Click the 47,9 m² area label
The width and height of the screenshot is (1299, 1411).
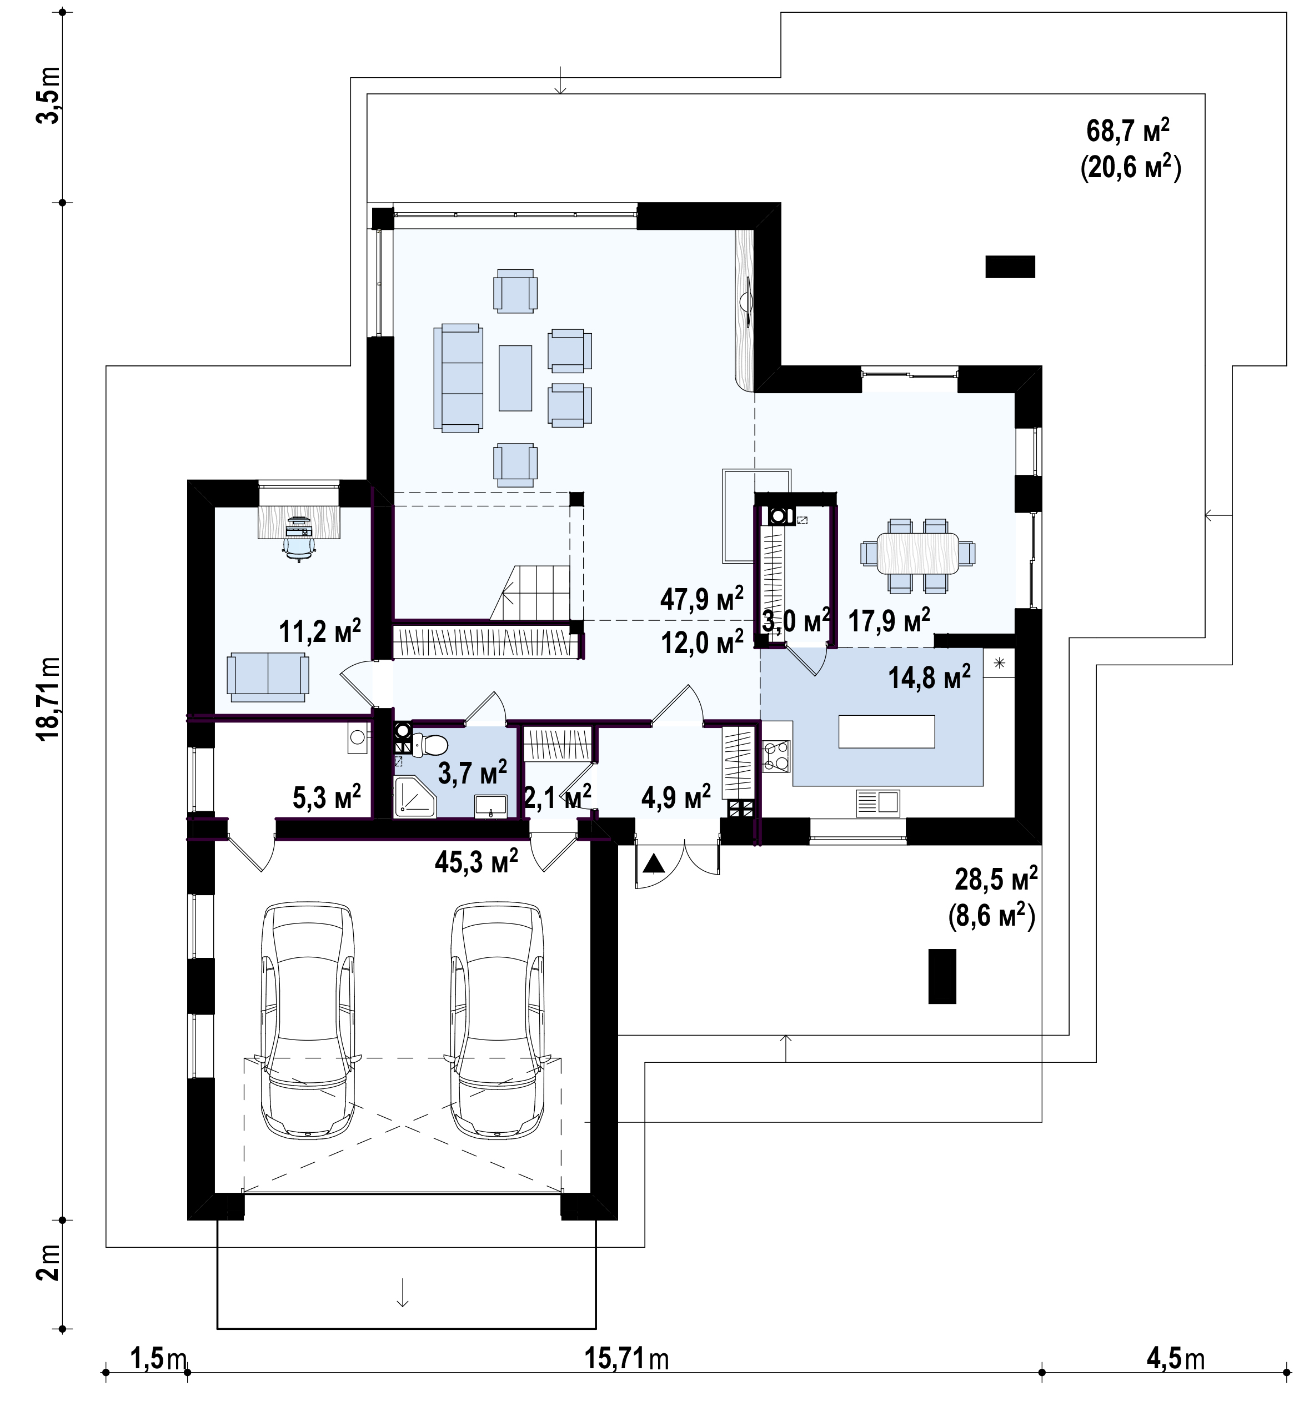tap(701, 599)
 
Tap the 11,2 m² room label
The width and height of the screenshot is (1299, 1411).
tap(320, 631)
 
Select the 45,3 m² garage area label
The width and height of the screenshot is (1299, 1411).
tap(477, 860)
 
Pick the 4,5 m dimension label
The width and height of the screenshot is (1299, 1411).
tap(1175, 1379)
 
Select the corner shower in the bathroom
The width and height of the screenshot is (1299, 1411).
tap(415, 797)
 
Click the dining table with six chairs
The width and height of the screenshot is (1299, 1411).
tap(918, 553)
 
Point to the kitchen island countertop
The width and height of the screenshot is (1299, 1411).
tap(886, 731)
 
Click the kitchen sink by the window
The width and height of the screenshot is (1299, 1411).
tap(878, 802)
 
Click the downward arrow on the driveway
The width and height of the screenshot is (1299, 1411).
tap(403, 1292)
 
